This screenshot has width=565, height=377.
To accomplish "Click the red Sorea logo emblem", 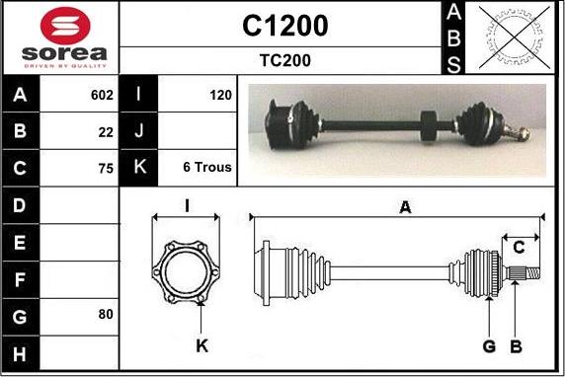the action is [x=65, y=26].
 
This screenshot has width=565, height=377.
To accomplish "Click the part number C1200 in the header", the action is [x=285, y=26].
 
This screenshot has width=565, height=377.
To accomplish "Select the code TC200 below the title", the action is [x=285, y=60].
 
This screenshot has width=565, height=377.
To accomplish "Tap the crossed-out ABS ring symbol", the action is [x=515, y=38].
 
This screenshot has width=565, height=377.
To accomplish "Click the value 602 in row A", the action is [x=102, y=95].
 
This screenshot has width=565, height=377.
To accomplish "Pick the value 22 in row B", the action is [x=106, y=132].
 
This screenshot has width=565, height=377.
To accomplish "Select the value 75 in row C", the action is [x=106, y=169].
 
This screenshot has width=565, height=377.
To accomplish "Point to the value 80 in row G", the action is [x=106, y=315].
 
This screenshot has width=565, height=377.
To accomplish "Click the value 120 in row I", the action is [x=220, y=95].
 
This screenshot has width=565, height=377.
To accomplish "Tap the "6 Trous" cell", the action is [x=207, y=167].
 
